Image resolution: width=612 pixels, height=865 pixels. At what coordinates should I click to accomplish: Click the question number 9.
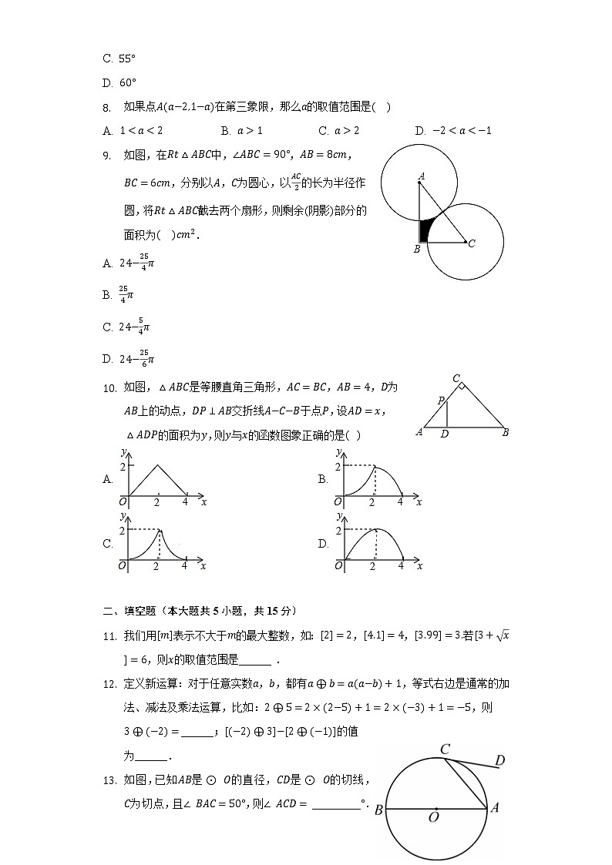coord(107,156)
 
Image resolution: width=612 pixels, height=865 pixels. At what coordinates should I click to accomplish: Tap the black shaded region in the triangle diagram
coord(424,231)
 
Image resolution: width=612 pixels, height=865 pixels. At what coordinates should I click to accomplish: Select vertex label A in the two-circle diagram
coord(422,176)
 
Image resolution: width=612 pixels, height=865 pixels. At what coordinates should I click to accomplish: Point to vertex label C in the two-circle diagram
coord(471,243)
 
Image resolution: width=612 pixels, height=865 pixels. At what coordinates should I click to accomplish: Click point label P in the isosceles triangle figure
coord(441,401)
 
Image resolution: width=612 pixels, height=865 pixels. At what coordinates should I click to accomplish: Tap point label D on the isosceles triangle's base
coord(445,434)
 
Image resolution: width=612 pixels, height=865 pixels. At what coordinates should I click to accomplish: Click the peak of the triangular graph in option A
coord(157,464)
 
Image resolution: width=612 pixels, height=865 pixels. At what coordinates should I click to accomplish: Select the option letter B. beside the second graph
coord(323,479)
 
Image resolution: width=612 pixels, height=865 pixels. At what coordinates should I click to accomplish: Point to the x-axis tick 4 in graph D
coord(401,566)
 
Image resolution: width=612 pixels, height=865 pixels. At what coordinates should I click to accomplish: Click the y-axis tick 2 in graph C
coord(122,531)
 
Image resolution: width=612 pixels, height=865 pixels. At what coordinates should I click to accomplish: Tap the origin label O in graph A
coord(122,502)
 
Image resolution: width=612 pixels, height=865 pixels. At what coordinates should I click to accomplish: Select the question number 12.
coord(109,683)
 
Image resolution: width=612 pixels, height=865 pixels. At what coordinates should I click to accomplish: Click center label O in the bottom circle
coord(433,817)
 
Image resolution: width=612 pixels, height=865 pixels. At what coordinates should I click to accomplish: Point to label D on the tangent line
coord(499,761)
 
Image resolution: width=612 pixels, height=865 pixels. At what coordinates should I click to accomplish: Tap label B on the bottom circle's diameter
coord(378,810)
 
